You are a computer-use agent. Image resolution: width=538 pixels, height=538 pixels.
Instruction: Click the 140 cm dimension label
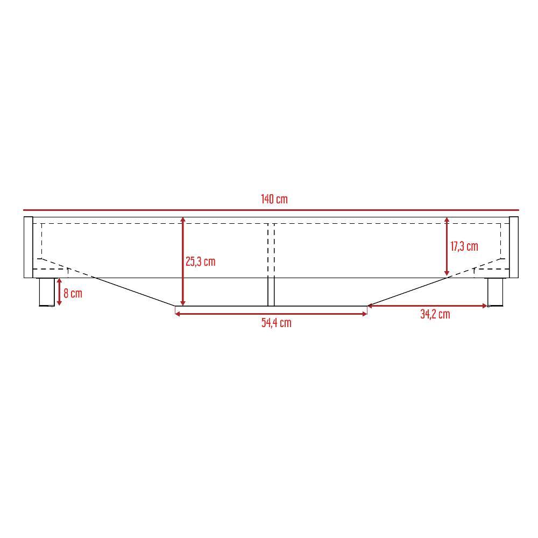[x=274, y=199]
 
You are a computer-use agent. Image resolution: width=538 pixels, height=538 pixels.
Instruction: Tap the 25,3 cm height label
[x=200, y=261]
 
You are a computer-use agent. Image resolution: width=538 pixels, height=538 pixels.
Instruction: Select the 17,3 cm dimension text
[x=464, y=246]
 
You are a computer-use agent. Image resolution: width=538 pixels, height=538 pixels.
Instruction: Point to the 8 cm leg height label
[x=73, y=293]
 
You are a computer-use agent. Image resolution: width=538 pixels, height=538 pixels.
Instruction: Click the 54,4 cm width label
[x=276, y=323]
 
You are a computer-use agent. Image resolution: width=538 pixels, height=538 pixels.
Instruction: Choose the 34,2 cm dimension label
[x=435, y=314]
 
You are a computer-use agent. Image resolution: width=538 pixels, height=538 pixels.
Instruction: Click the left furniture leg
[x=47, y=292]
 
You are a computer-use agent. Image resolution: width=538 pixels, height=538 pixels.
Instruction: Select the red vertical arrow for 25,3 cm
[x=183, y=261]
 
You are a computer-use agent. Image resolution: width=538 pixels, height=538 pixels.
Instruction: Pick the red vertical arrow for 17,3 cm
[x=447, y=246]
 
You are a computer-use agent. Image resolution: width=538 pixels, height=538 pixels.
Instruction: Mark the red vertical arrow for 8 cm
[x=59, y=292]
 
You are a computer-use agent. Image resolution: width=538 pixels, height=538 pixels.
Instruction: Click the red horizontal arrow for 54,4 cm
[x=271, y=313]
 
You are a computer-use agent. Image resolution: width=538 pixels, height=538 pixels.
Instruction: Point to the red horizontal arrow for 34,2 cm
[x=428, y=306]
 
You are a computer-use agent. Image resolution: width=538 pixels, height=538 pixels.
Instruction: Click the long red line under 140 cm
[x=271, y=210]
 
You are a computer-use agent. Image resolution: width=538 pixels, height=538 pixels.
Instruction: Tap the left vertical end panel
[x=28, y=247]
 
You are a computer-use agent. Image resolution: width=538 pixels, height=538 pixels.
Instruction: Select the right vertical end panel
[x=513, y=247]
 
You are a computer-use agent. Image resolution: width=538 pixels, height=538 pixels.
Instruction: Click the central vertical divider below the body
[x=271, y=292]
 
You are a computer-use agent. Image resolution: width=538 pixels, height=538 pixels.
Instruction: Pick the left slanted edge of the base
[x=134, y=292]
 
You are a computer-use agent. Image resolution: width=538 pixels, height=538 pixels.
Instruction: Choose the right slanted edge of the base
[x=407, y=292]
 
